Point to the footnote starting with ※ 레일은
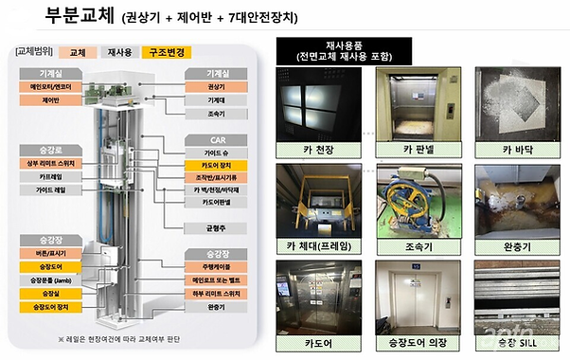(122, 337)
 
